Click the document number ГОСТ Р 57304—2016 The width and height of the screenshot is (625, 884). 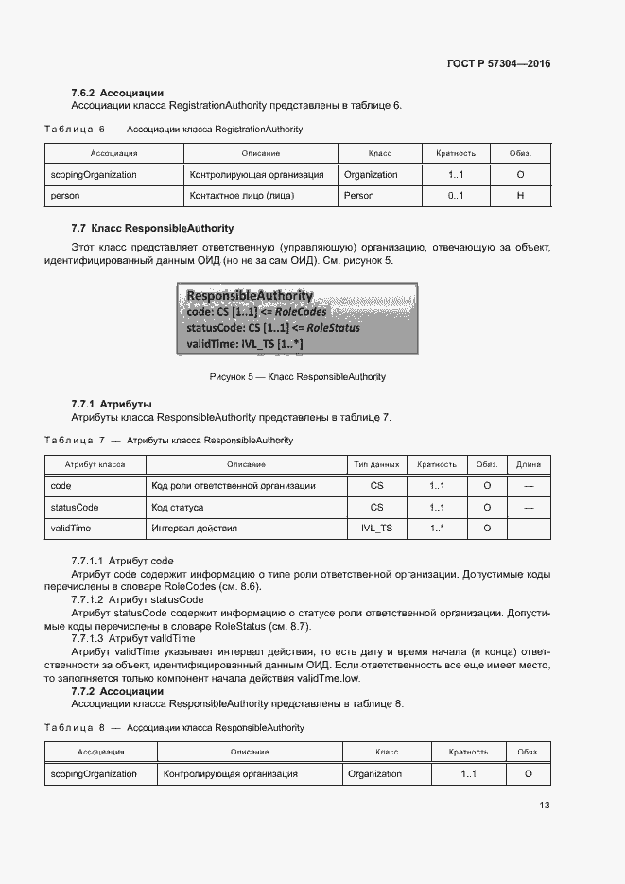498,64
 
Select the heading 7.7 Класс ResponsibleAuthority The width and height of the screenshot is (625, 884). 152,229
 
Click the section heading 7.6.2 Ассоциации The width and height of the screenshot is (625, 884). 117,93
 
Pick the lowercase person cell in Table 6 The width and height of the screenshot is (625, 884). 65,196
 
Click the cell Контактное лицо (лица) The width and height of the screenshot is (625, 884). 242,196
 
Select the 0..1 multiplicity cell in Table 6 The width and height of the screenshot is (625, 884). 456,196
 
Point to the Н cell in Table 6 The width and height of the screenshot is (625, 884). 520,196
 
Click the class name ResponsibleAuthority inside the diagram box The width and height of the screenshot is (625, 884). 250,296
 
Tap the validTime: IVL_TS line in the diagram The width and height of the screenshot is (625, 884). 245,344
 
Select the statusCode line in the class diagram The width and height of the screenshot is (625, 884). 273,328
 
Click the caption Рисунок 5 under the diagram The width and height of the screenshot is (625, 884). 297,377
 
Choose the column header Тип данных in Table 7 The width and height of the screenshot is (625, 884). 376,464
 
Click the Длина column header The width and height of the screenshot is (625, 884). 529,464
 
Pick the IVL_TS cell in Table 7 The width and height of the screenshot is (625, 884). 376,528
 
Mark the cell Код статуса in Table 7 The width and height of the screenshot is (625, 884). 180,507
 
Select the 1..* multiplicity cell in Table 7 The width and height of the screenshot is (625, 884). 437,528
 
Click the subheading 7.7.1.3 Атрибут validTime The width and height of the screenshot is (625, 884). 133,639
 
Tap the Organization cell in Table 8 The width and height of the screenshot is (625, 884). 374,773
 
